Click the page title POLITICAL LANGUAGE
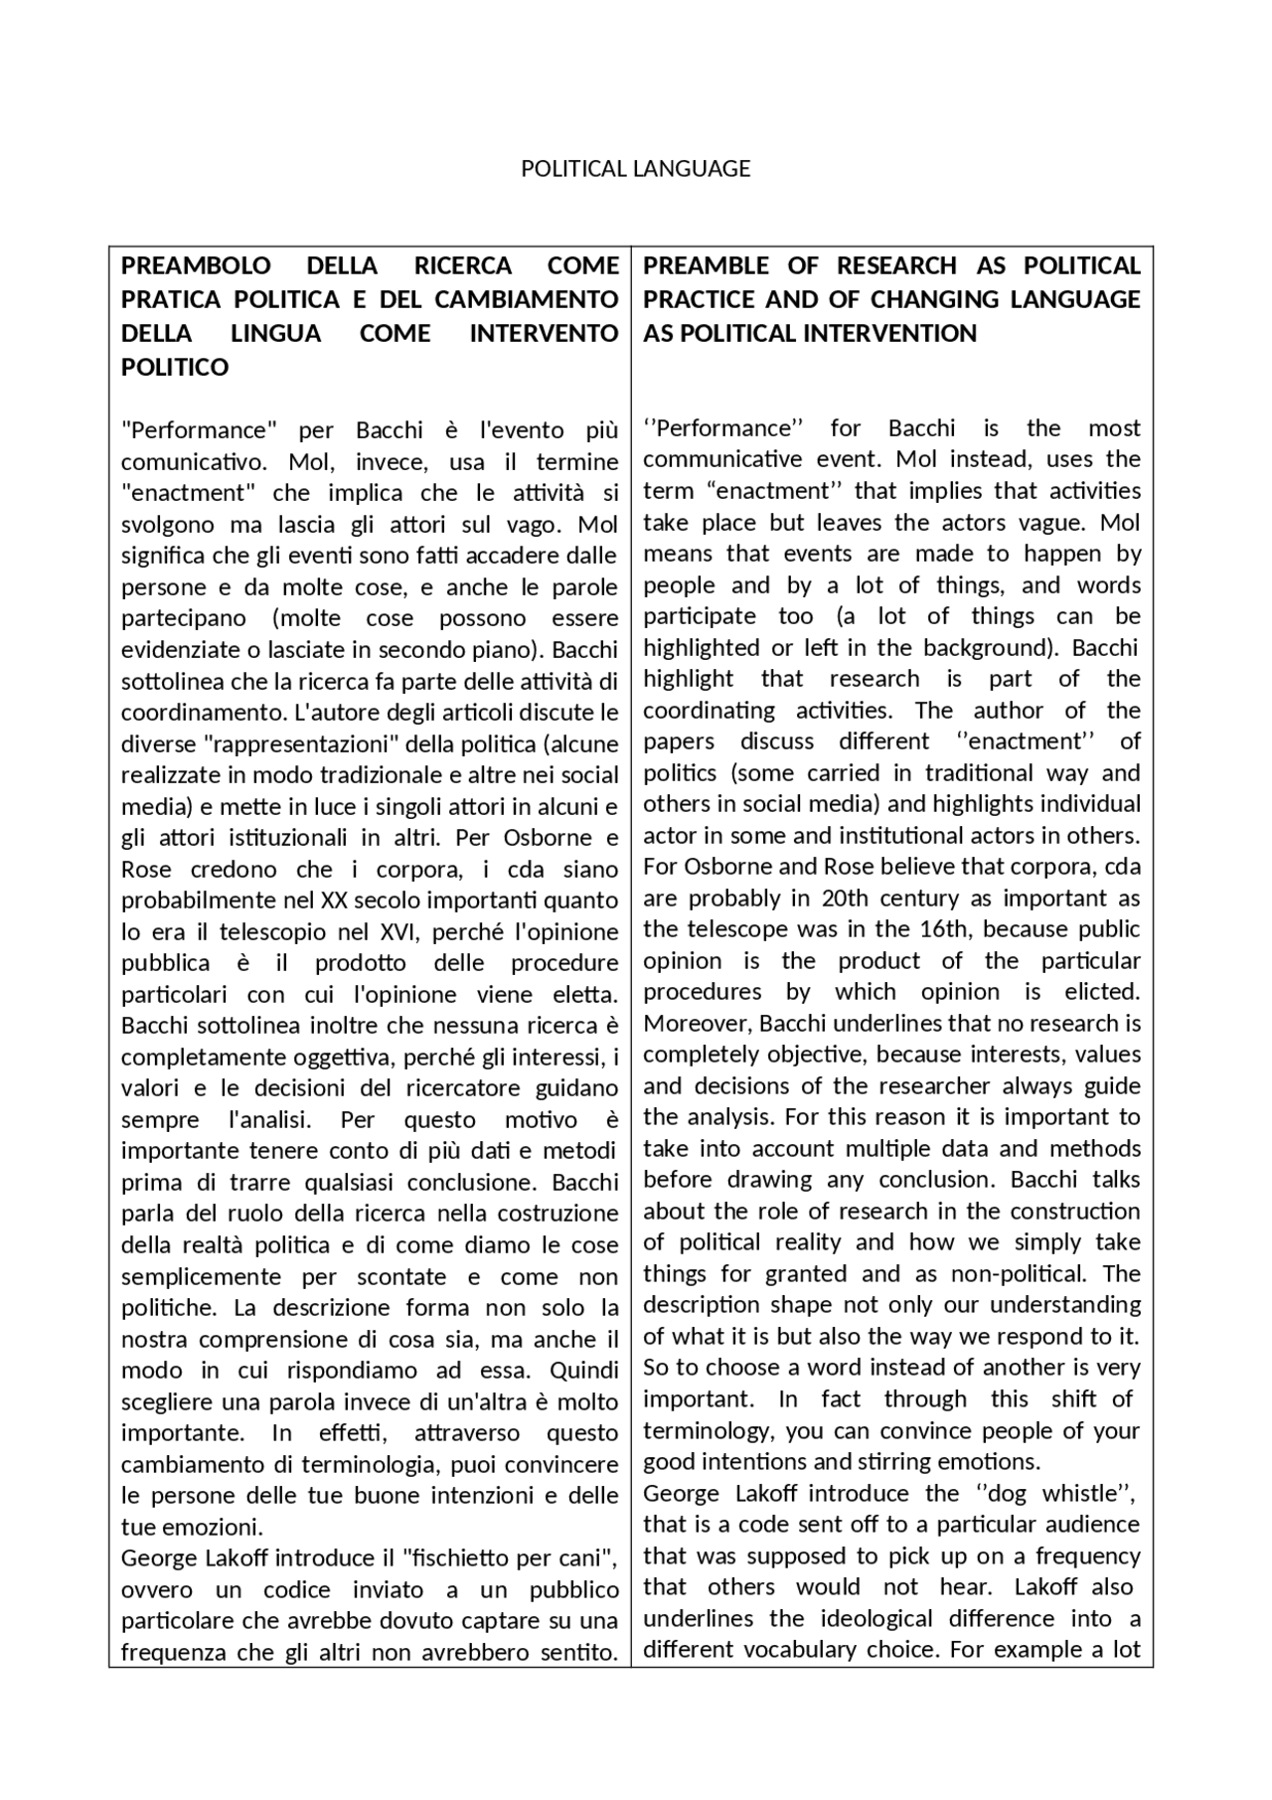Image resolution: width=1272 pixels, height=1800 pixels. click(635, 169)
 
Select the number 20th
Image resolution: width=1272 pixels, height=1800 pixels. click(844, 899)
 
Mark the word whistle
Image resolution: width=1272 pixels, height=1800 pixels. click(1080, 1494)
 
